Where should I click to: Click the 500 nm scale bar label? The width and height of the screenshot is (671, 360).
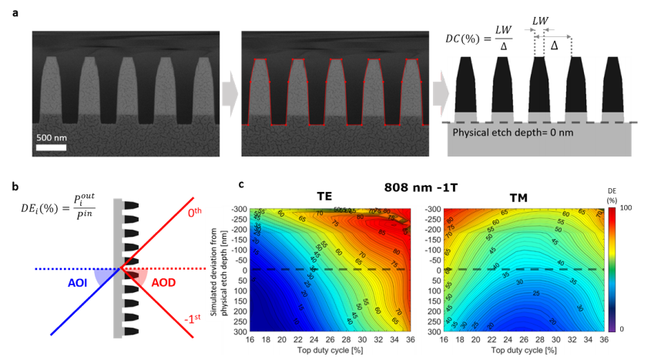pos(55,136)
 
